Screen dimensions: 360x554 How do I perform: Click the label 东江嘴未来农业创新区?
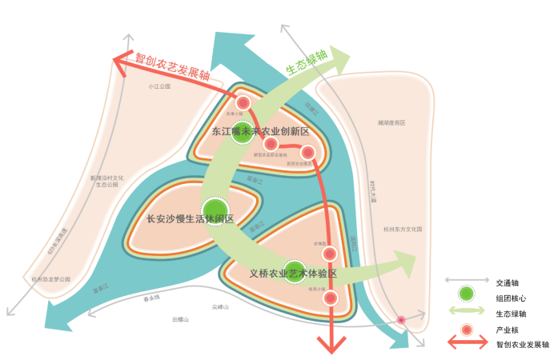coord(260,131)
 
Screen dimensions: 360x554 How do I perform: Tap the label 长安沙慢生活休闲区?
coord(190,218)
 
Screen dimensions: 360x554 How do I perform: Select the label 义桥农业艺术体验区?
coord(292,274)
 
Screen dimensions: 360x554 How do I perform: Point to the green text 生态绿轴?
coord(307,64)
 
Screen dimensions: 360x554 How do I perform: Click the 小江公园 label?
coord(160,86)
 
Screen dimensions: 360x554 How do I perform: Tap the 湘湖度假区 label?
coord(391,123)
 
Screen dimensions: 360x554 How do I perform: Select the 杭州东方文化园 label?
coord(403,229)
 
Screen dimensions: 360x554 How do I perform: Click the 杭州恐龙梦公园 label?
coord(51,279)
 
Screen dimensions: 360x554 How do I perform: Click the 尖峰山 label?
coord(220,306)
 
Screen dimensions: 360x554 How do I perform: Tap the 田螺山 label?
coord(180,319)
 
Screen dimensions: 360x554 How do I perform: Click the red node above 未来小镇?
coord(243,102)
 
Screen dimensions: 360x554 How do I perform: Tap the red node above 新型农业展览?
coord(307,153)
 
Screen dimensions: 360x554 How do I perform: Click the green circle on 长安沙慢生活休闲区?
coord(215,210)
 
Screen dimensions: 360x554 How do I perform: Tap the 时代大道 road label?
coord(373,192)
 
